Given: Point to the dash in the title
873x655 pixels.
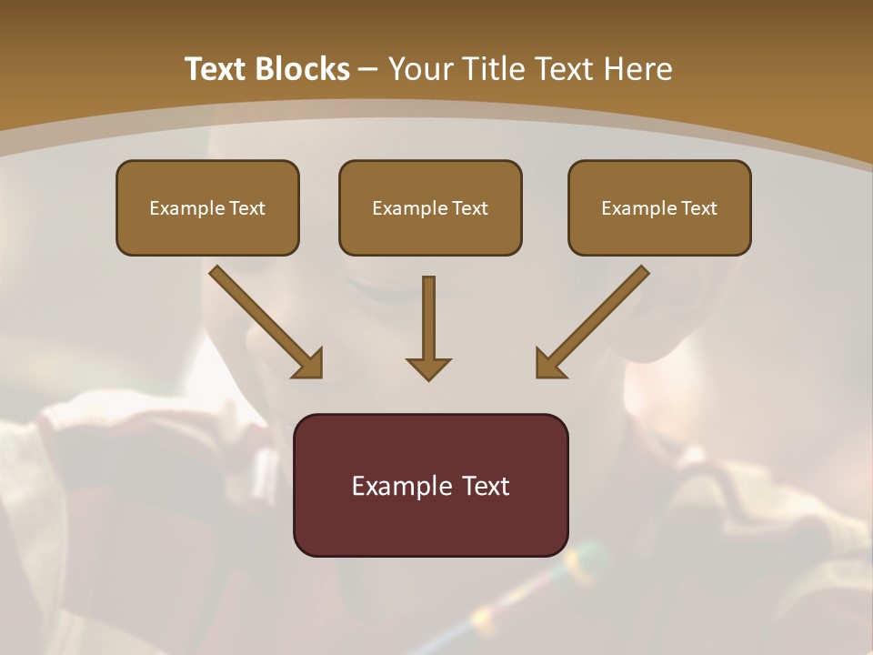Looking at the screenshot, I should [x=368, y=69].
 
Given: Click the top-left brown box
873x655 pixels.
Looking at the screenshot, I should [x=207, y=207].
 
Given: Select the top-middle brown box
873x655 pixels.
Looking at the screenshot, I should [x=430, y=207].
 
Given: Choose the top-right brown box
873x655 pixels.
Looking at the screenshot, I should [x=659, y=207].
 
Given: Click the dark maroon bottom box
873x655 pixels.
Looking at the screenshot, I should [x=430, y=485].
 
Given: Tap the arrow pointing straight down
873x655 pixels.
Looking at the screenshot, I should [x=428, y=323].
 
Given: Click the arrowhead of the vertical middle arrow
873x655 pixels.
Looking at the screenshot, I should [x=428, y=368].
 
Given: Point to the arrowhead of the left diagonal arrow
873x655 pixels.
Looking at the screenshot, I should [x=309, y=364].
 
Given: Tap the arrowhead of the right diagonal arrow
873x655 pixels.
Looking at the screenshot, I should [x=548, y=364].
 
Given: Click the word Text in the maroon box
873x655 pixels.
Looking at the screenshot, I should [x=487, y=486].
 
